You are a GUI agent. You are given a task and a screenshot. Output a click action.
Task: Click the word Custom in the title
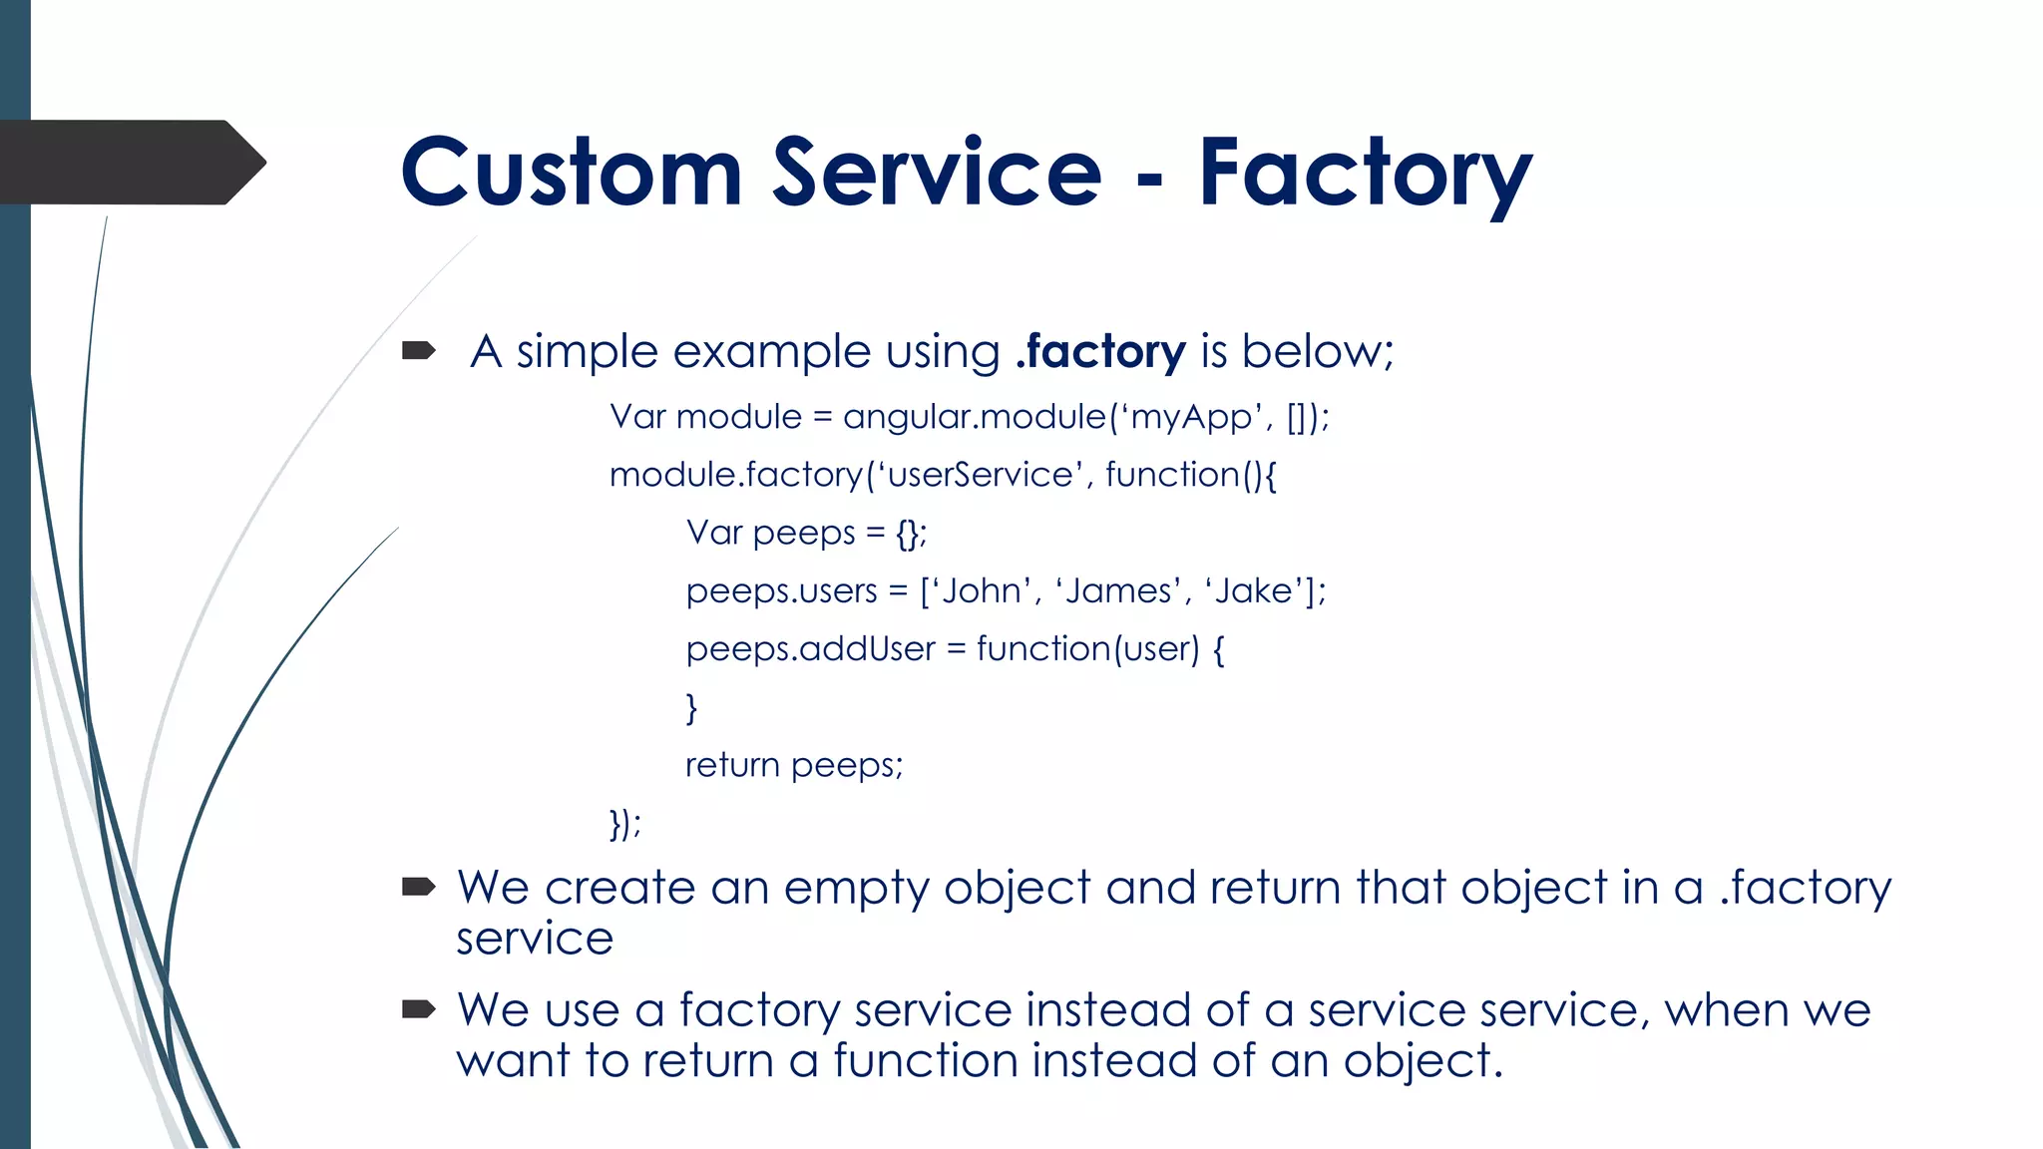571,172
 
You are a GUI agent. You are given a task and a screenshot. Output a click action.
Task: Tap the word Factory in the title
1364,172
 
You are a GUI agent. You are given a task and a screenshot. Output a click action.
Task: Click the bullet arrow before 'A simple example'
418,350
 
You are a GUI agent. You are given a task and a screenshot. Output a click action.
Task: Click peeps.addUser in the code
810,649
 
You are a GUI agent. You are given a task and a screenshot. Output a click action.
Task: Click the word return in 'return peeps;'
732,766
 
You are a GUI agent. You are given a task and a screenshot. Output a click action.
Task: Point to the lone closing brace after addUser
691,708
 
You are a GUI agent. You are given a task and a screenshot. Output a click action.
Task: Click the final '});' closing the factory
624,824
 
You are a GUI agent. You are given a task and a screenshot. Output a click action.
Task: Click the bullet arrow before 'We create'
418,887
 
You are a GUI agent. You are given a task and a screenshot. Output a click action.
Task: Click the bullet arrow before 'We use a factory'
418,1009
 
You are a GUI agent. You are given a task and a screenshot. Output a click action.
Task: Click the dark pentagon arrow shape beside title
130,163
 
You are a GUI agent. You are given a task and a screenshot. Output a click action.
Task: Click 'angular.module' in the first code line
974,417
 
